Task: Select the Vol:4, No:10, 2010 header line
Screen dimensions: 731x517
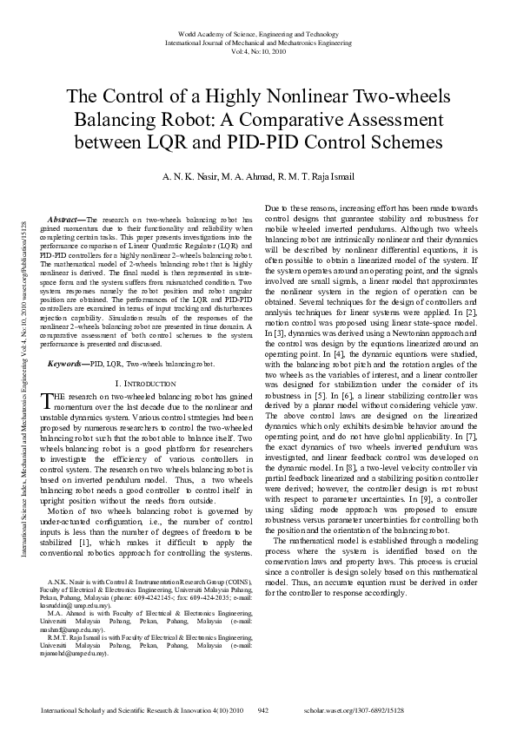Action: click(258, 50)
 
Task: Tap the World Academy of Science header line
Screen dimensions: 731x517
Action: click(258, 30)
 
